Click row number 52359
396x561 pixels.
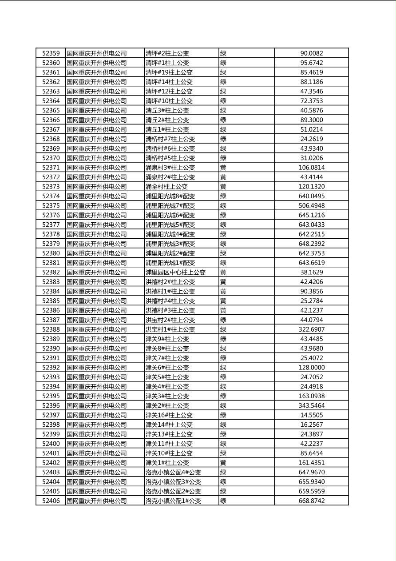click(51, 53)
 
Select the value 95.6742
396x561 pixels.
click(311, 63)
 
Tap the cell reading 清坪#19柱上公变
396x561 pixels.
click(169, 72)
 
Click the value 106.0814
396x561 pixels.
click(311, 168)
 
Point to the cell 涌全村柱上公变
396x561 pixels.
click(166, 187)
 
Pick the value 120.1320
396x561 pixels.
click(311, 187)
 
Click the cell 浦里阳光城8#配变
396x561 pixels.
click(170, 196)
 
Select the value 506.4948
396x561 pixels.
click(311, 205)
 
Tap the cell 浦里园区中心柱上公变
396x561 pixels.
click(175, 272)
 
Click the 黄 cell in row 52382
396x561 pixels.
click(223, 272)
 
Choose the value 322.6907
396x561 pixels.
click(311, 329)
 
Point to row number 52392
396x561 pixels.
click(51, 367)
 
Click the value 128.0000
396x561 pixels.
click(311, 367)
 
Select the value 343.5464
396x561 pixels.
click(311, 405)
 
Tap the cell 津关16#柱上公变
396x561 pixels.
click(169, 415)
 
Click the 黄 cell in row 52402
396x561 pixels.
click(223, 462)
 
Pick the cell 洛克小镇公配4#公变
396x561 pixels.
click(173, 472)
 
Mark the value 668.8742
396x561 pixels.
click(311, 501)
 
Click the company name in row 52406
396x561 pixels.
click(96, 501)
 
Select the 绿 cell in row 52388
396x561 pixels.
click(223, 329)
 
